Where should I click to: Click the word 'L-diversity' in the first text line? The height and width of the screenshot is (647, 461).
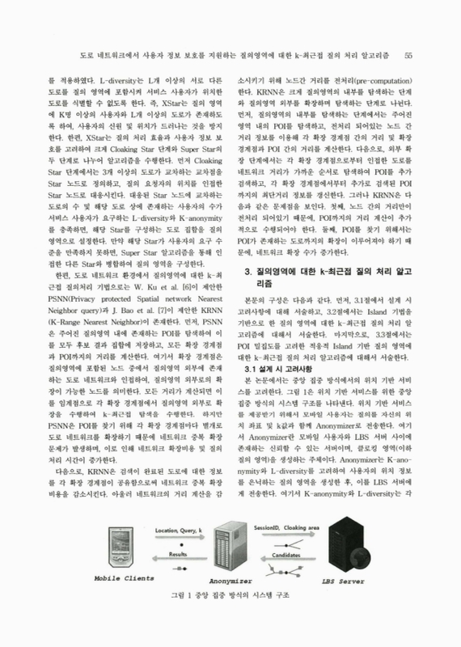coord(116,82)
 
